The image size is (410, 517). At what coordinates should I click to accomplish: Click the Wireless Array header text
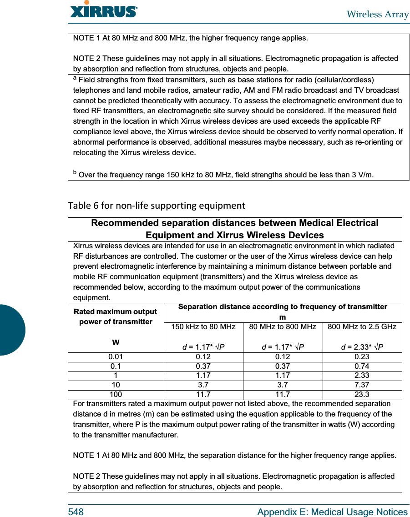coord(377,14)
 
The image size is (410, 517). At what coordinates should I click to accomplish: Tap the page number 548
coord(76,512)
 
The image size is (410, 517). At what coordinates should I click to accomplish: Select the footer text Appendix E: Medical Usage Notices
coord(332,512)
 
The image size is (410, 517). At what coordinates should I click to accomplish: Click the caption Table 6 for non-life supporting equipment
coord(156,206)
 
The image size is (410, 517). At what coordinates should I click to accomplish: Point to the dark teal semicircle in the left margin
coord(12,330)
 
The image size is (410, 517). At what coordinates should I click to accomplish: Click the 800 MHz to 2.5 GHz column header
coord(362,327)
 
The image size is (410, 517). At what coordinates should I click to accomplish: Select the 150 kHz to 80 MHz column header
coord(203,327)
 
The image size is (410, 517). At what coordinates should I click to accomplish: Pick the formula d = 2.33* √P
coord(362,347)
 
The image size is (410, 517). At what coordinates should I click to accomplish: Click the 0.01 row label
coord(116,357)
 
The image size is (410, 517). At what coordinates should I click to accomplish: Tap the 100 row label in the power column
coord(116,395)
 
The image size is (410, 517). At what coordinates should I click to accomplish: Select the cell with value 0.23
coord(362,357)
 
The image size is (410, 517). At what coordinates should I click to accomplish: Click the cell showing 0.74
coord(362,366)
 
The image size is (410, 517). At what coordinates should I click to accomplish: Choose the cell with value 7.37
coord(362,385)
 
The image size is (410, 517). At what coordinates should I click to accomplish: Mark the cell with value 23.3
coord(362,395)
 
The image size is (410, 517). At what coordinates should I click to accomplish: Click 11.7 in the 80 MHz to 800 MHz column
coord(283,395)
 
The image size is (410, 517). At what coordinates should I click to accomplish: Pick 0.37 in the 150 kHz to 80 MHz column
coord(203,366)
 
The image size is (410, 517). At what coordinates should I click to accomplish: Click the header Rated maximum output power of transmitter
coord(116,316)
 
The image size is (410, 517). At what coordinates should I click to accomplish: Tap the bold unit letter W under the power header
coord(116,342)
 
